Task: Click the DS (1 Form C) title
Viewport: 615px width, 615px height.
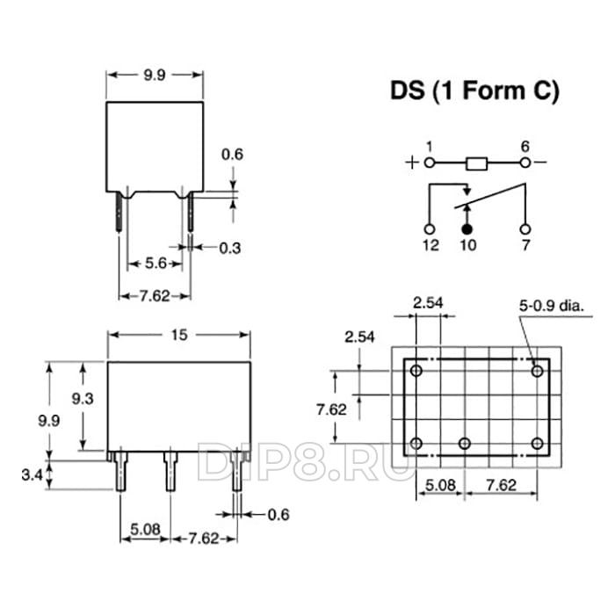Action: tap(474, 91)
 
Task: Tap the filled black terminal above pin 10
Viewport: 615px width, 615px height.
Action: tap(467, 230)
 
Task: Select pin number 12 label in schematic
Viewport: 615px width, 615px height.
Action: tap(430, 245)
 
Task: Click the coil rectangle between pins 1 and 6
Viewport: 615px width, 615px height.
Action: tap(476, 163)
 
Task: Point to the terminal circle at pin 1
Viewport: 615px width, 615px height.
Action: tap(430, 163)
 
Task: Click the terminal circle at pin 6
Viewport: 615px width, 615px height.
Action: tap(525, 163)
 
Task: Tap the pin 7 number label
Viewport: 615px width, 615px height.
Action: tap(525, 245)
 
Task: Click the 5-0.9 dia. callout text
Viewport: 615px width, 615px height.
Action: tap(552, 306)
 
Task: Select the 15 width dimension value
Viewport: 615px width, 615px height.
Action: tap(179, 335)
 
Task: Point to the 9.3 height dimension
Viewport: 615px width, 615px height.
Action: tap(83, 399)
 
